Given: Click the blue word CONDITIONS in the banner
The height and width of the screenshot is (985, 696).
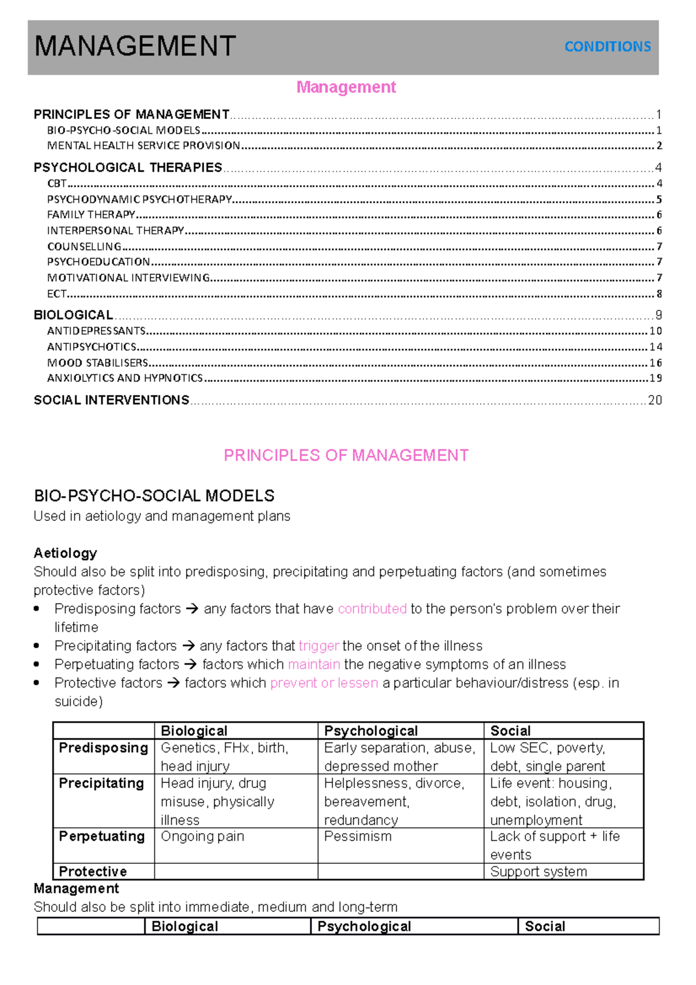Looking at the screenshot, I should coord(607,46).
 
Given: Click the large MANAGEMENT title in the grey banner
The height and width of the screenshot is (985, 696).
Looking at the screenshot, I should coord(135,46).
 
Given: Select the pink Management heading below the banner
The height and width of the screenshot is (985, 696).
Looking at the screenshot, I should coord(346,87).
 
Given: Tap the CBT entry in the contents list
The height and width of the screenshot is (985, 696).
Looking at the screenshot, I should coord(57,183).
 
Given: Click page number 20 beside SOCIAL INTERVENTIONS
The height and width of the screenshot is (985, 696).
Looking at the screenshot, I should coord(655,400).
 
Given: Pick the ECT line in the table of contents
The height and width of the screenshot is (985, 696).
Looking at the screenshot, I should coord(57,294).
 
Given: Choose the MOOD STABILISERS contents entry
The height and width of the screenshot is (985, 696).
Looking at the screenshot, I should coord(97,363).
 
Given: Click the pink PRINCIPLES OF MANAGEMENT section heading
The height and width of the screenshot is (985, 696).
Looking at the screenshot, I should coord(346,455).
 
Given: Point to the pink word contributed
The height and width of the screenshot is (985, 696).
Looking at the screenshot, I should coord(372,609).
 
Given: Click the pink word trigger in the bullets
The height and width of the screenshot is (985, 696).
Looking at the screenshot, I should coord(318,646).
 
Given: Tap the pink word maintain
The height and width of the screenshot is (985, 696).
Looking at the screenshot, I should coord(314,664).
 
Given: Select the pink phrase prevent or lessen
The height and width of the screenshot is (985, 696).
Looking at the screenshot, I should coord(324,683).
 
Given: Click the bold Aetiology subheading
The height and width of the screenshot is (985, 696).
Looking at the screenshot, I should coord(65,553).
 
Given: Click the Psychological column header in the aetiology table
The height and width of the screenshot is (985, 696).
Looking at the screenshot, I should coord(371,731).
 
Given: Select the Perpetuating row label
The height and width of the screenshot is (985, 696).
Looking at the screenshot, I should coord(102,836).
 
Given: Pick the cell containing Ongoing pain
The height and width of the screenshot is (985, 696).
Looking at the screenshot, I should coord(202,836).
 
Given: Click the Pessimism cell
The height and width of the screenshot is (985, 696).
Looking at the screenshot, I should coord(357,836).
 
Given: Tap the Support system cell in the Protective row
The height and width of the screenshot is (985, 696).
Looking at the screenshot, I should coord(538,871).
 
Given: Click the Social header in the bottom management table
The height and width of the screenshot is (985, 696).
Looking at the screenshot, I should coord(545,926).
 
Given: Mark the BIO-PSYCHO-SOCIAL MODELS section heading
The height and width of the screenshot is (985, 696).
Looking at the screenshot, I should coord(154,496).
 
